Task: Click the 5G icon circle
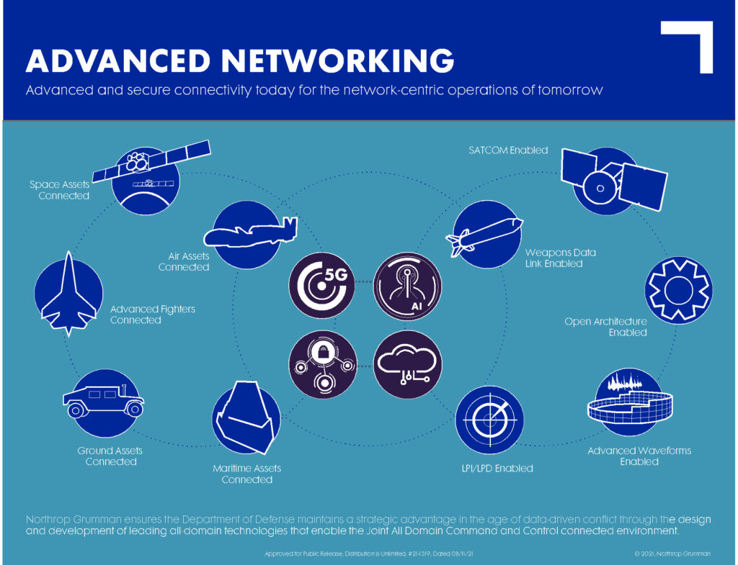coord(321,286)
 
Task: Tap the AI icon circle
coord(408,286)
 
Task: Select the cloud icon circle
coord(408,365)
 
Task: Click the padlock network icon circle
coord(321,365)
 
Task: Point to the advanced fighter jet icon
coord(68,294)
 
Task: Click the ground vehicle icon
coord(102,402)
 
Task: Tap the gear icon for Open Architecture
coord(677,289)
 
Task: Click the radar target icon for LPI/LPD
coord(489,420)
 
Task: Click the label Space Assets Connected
coord(60,190)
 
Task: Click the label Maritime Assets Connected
coord(246,474)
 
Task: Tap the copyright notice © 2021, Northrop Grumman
coord(672,553)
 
